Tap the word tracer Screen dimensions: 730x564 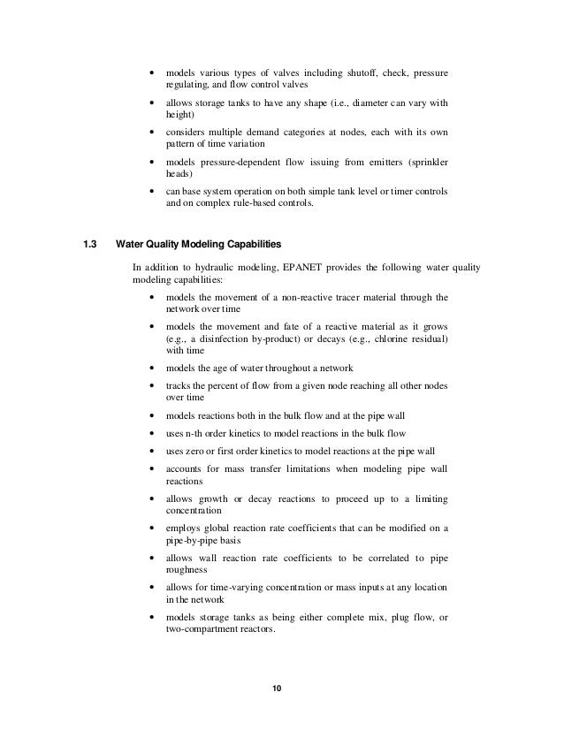tap(351, 298)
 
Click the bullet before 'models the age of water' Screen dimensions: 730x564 tap(156, 368)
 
